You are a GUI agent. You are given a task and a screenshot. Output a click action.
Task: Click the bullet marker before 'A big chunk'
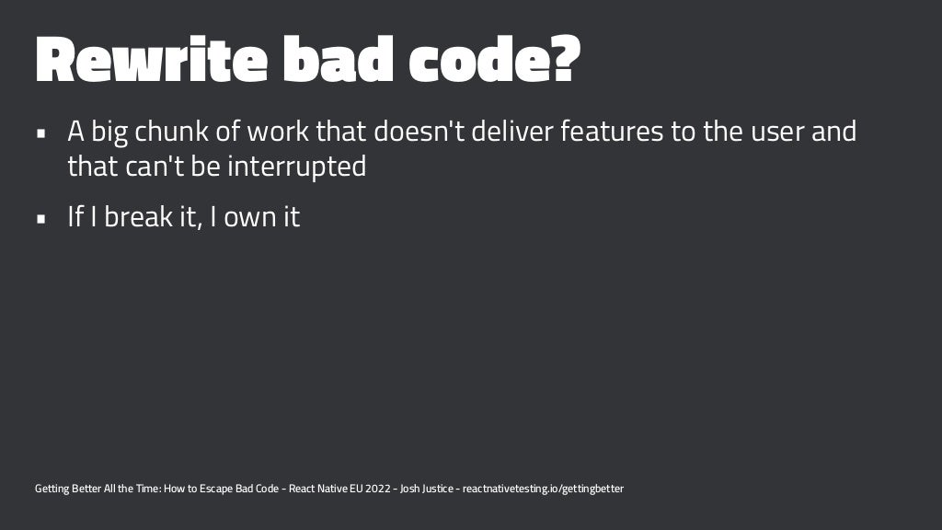41,132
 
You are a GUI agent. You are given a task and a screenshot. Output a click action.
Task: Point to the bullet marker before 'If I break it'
41,219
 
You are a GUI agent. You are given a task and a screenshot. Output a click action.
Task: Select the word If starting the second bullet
75,218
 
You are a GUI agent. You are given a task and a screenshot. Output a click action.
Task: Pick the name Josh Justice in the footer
427,489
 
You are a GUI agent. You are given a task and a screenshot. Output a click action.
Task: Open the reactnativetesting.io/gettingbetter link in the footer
543,489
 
